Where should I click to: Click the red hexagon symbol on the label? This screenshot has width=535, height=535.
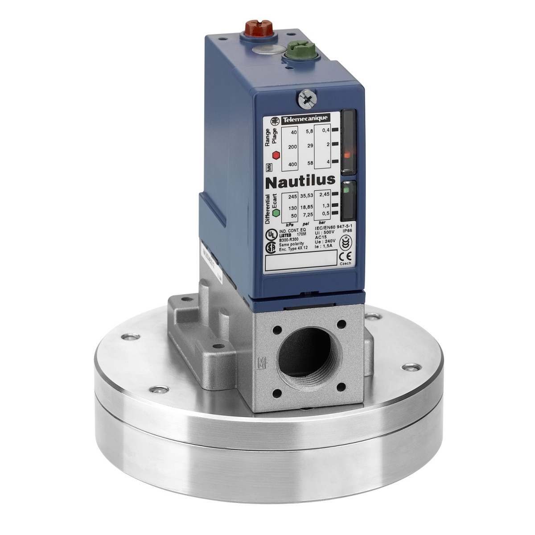(x=276, y=155)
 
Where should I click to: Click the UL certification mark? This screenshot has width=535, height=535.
(x=270, y=235)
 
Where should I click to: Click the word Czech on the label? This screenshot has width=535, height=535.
(x=345, y=264)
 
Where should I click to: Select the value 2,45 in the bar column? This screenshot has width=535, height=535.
(x=324, y=195)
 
